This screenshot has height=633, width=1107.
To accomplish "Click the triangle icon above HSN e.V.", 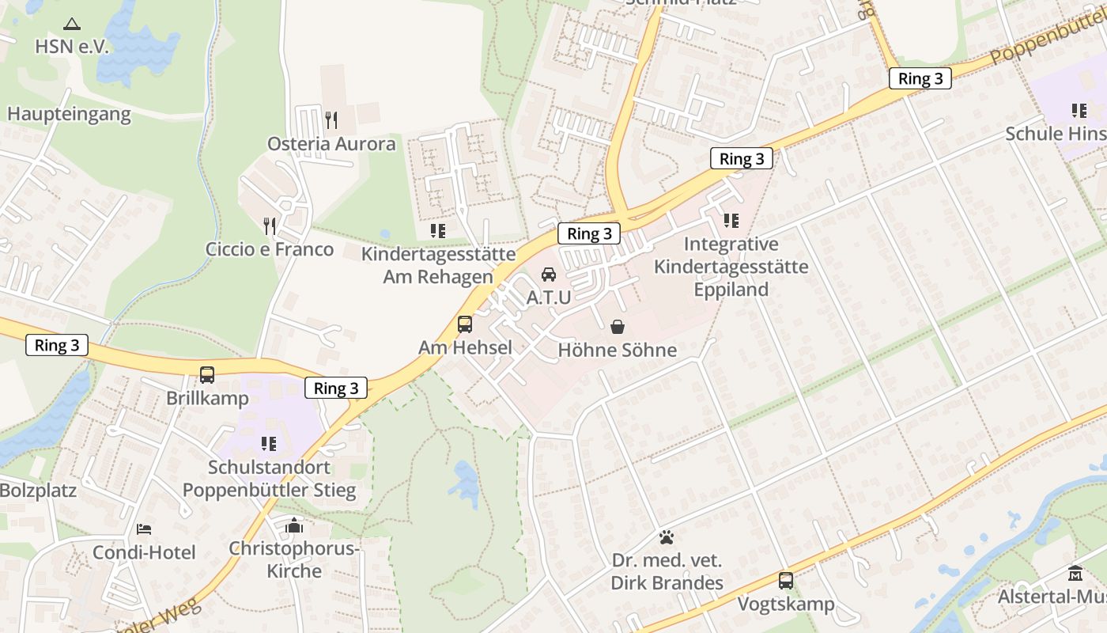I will tap(72, 24).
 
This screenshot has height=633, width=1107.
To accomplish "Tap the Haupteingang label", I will tap(69, 114).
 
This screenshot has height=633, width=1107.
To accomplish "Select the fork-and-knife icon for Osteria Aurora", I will tap(331, 120).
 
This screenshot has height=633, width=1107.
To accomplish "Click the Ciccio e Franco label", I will tap(270, 249).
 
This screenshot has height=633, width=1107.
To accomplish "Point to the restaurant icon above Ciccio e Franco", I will tap(270, 226).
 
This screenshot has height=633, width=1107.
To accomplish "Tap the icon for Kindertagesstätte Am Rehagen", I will tap(437, 231).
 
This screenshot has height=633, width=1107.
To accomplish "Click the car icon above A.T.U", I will tap(548, 275).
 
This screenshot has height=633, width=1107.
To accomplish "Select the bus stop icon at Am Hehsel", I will tap(465, 324).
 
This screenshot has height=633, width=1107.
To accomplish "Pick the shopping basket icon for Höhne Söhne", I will tap(618, 327).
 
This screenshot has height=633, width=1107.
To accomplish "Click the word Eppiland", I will tap(731, 290).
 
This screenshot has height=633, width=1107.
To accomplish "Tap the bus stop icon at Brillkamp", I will tap(207, 375).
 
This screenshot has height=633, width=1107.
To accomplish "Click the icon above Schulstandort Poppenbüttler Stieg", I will tap(269, 444).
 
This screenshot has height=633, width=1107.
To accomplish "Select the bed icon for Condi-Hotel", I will tap(143, 529).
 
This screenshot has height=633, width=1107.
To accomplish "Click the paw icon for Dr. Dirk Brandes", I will tap(667, 537).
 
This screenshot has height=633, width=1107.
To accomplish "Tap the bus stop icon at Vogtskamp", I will tap(786, 581).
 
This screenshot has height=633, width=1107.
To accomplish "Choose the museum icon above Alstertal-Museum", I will tap(1075, 573).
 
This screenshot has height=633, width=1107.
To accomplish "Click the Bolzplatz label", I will tap(38, 491).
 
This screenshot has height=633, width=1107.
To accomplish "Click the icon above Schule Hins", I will tap(1079, 111).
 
